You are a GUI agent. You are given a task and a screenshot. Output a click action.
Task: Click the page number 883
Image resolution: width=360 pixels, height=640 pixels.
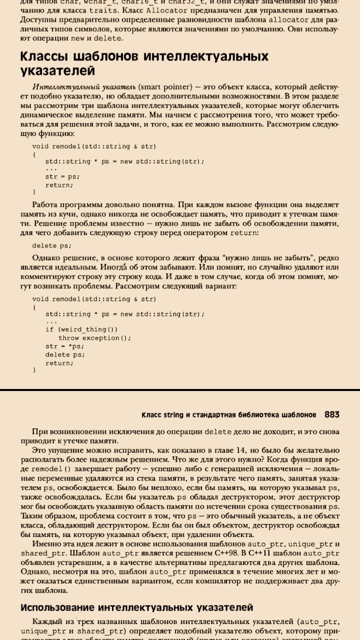coord(331,414)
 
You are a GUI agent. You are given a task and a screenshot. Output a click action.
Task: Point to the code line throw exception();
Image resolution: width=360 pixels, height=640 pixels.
coord(95,337)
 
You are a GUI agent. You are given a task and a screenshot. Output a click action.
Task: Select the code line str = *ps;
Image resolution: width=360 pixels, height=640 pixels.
coord(65,346)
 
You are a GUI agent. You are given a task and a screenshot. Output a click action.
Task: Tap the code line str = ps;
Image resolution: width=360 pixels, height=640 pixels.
coord(62,176)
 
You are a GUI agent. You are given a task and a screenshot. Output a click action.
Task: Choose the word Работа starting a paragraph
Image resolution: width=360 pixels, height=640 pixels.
coord(45,204)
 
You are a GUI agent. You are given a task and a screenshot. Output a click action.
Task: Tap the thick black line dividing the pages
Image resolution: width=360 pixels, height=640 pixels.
coord(180,389)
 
